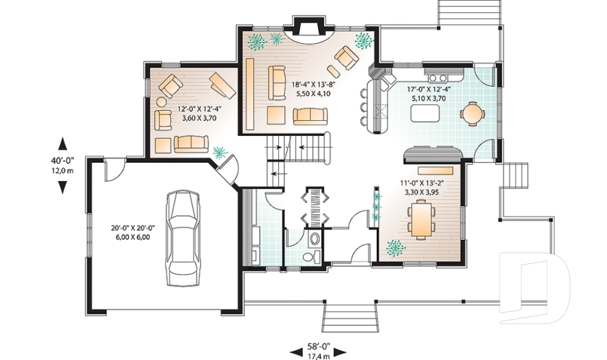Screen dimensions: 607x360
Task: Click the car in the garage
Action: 183,238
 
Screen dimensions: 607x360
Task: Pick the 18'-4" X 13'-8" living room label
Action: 313,84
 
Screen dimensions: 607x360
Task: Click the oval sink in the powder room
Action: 314,239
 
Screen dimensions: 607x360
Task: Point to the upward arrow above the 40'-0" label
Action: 63,144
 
